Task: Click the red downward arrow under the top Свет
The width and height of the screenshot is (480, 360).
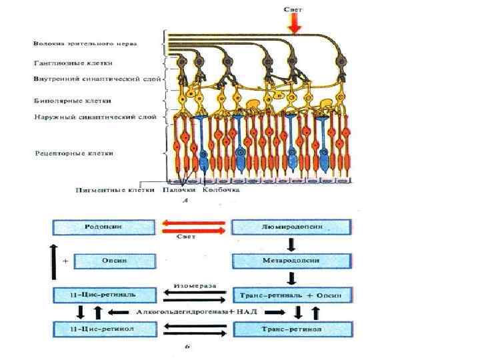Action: [x=294, y=23]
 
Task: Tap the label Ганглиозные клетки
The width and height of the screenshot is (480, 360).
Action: [x=73, y=63]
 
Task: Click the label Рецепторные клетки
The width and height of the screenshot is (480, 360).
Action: [x=74, y=154]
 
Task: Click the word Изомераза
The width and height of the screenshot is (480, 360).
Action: [x=194, y=285]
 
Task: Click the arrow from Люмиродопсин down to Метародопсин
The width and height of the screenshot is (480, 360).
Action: [x=291, y=243]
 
